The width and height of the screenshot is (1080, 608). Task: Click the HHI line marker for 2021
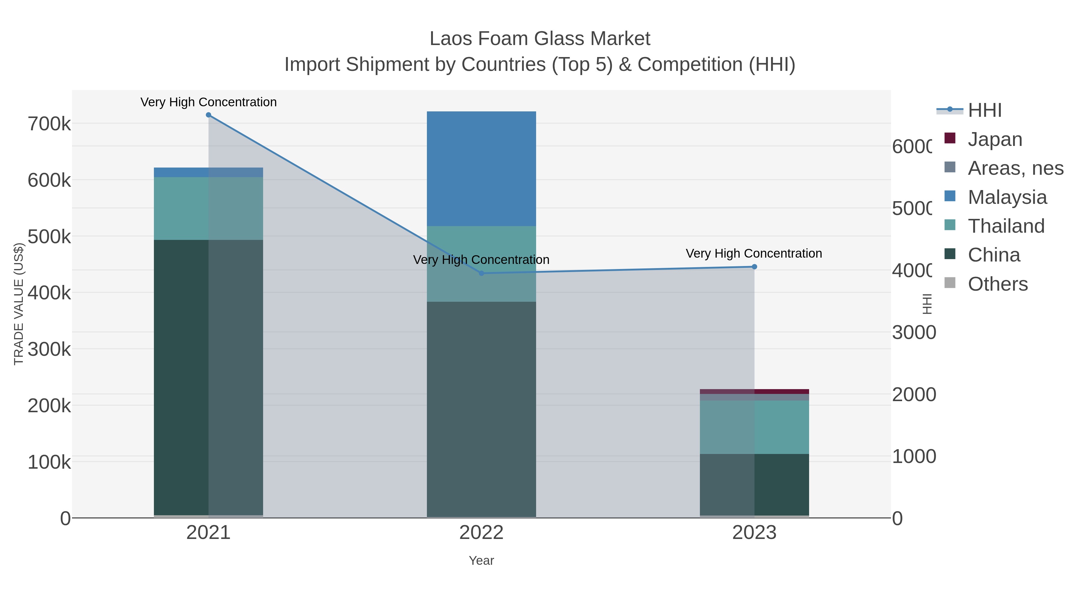tap(208, 115)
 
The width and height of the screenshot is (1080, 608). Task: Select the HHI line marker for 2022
tap(481, 273)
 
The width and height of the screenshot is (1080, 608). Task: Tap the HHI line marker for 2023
tap(754, 267)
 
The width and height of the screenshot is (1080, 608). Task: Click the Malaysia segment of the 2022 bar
tap(481, 169)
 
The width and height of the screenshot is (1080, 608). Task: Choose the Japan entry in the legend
tap(994, 139)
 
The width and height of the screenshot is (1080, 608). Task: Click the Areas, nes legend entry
tap(1015, 168)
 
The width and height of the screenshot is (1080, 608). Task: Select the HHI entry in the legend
tap(984, 110)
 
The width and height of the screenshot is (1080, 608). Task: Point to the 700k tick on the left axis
tap(49, 124)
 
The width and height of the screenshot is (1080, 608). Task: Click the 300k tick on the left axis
tap(49, 349)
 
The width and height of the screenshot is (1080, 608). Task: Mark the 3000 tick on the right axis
tap(913, 333)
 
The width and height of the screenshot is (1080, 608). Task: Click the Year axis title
tap(481, 561)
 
